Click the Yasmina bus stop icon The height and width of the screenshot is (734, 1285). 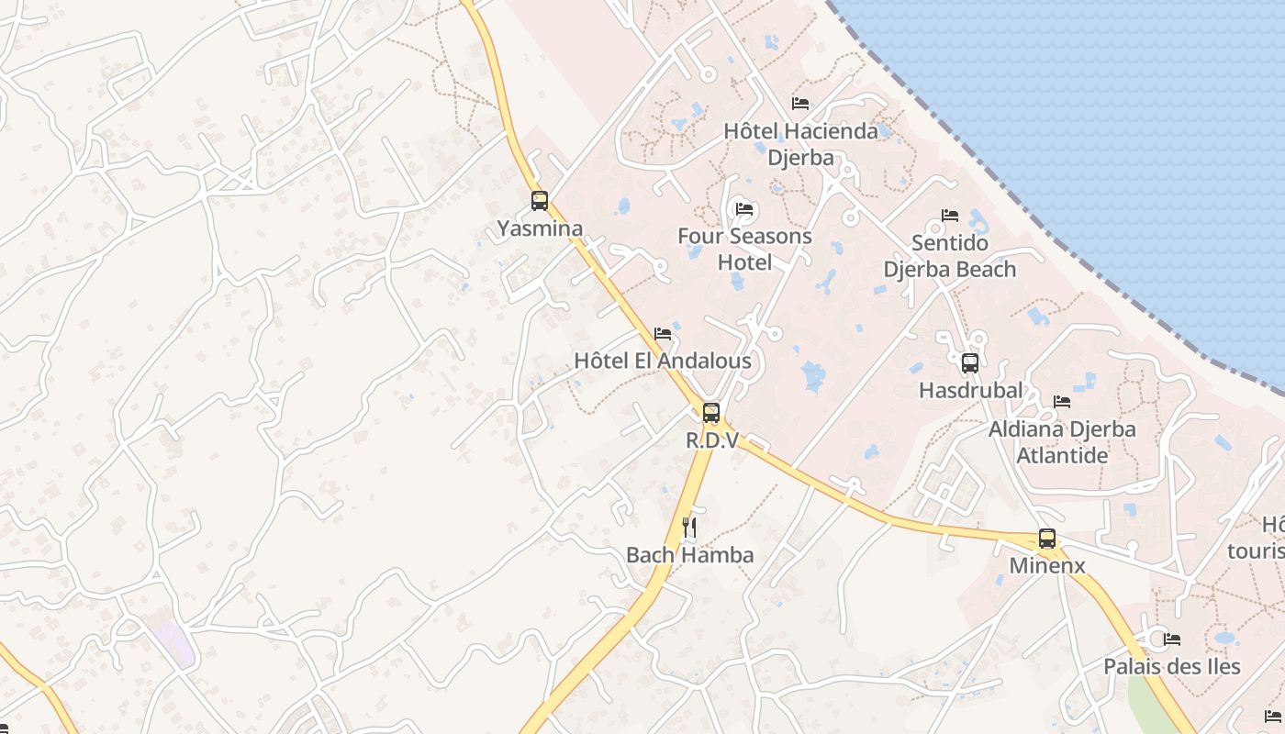(540, 200)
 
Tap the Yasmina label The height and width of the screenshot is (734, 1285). (540, 228)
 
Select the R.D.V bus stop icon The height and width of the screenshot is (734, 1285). (711, 413)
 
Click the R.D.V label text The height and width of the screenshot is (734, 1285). (712, 440)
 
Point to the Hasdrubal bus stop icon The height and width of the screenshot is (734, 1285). (970, 363)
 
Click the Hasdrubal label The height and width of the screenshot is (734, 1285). (970, 391)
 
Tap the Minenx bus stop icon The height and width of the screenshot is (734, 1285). (1047, 539)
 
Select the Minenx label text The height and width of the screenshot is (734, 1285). (1047, 566)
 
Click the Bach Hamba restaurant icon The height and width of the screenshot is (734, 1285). (690, 527)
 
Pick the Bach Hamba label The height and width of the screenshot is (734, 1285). (690, 555)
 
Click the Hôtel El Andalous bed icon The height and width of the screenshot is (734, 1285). (663, 334)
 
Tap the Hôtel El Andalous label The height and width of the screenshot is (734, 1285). (663, 361)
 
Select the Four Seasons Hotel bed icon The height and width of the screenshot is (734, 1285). (744, 209)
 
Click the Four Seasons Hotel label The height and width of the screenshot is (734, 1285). (744, 250)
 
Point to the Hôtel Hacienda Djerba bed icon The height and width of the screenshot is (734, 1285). (800, 104)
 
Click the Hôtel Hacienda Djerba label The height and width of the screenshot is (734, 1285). (800, 144)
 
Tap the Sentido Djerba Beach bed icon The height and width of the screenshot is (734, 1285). (950, 216)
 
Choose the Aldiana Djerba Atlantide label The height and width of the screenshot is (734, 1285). (1062, 442)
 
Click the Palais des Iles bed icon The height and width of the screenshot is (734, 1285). (1172, 639)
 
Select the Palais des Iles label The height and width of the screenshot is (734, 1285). (1172, 667)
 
